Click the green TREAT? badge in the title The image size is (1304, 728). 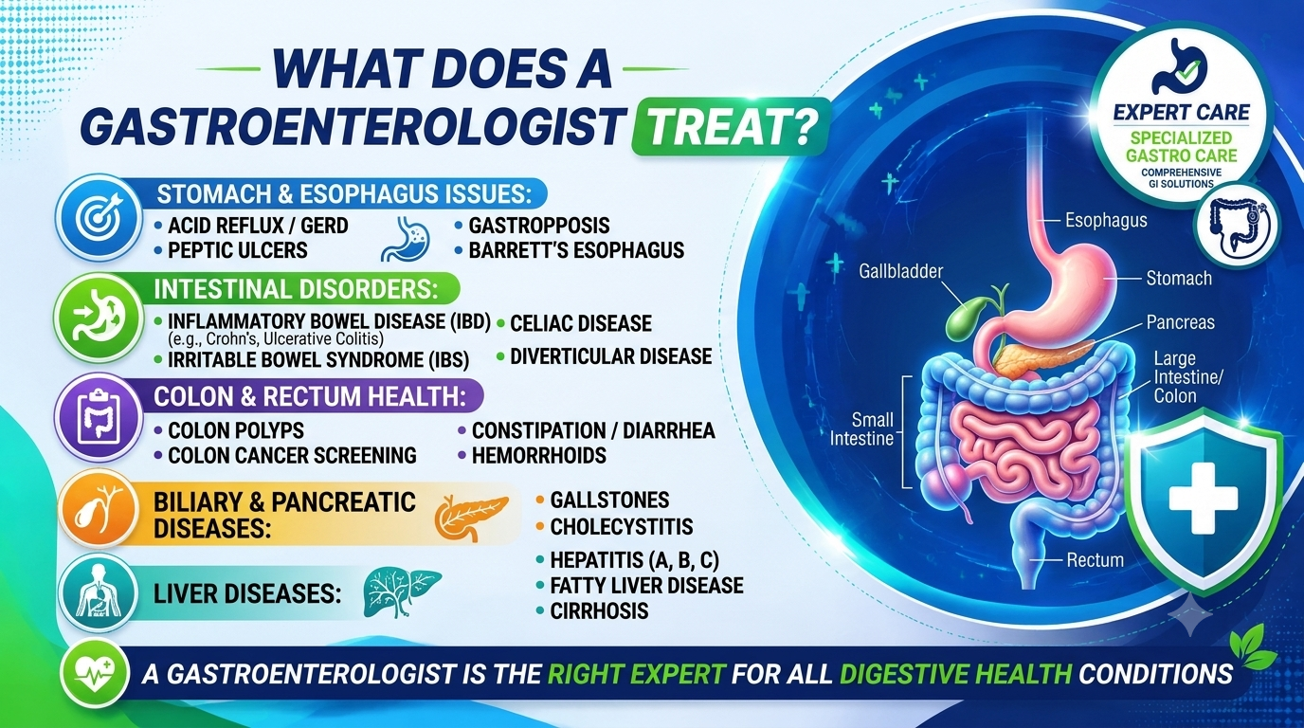tap(730, 127)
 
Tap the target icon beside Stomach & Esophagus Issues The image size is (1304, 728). tap(99, 217)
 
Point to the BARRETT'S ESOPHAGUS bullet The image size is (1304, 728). tap(576, 250)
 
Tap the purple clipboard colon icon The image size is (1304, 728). tap(99, 418)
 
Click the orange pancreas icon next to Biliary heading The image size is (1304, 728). tap(472, 518)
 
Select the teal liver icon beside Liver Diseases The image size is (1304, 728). tap(402, 591)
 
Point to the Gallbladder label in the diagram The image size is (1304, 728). tap(900, 271)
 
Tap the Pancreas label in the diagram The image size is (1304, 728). tap(1181, 322)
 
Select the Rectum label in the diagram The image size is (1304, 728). tap(1095, 560)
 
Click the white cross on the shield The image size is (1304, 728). tap(1203, 499)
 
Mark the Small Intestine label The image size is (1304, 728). tap(861, 428)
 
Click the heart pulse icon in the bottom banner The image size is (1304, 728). tap(96, 674)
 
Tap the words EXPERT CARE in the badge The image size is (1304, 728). tap(1181, 113)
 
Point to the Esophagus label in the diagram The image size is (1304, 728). tap(1106, 221)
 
